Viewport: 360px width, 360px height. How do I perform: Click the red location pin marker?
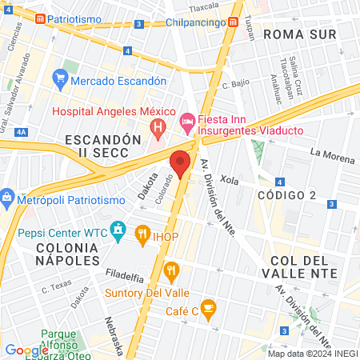point(180,162)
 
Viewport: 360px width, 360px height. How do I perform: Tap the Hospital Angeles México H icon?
point(158,126)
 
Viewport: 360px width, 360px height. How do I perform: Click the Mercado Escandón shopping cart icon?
point(59,80)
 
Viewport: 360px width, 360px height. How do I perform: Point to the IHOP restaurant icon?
point(143,233)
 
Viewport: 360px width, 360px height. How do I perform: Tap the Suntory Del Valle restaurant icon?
point(170,270)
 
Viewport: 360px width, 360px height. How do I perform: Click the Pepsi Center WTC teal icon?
point(118,232)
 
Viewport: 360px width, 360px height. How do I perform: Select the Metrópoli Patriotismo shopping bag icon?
point(6,197)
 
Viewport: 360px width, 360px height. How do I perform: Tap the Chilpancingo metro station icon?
point(234,23)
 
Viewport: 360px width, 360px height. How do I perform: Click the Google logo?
point(26,350)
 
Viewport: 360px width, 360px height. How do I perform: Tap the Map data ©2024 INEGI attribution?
point(312,354)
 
